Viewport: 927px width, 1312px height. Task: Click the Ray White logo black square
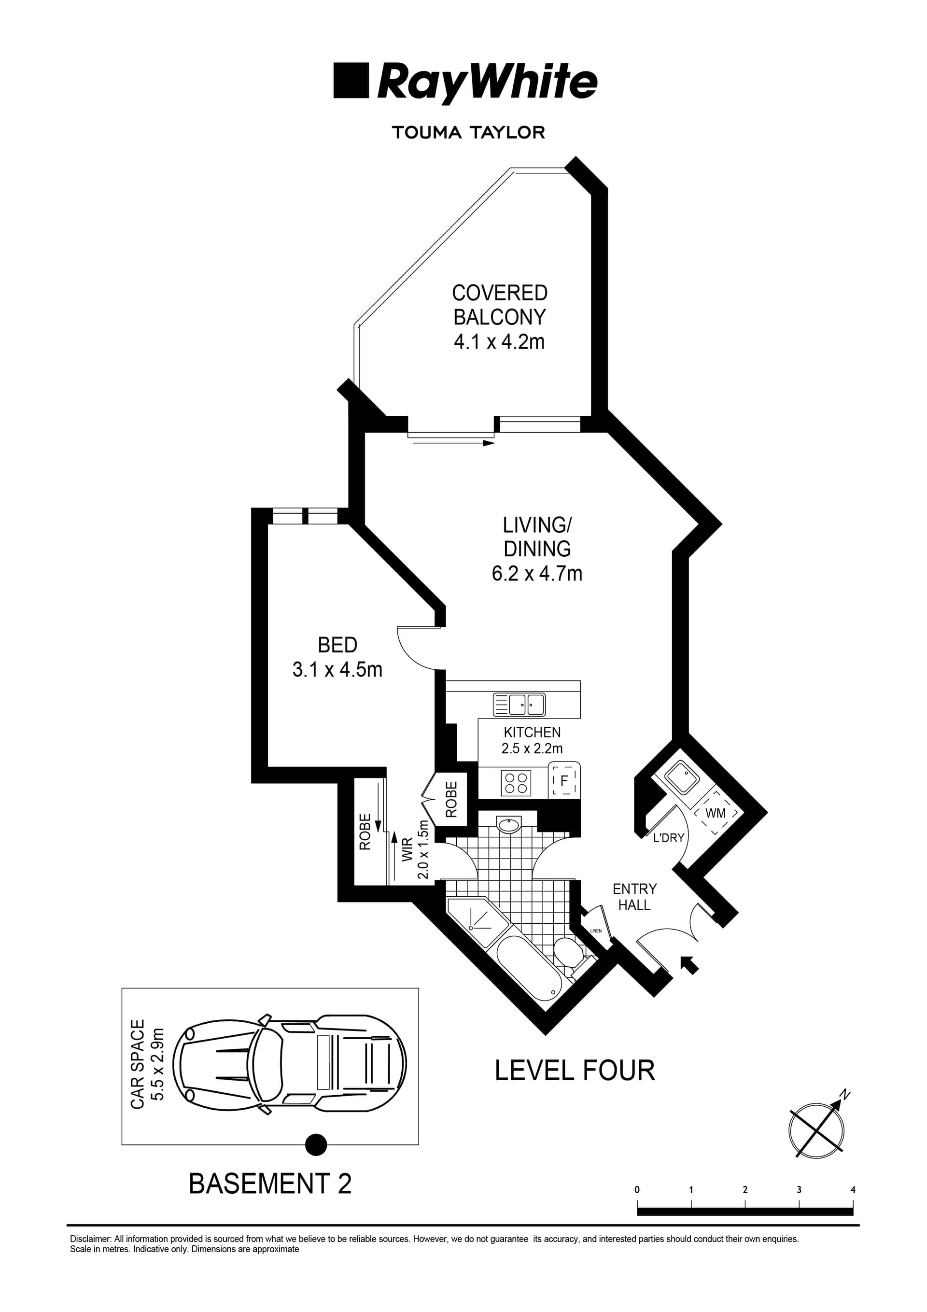coord(351,81)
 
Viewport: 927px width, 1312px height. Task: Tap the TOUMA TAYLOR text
coord(468,133)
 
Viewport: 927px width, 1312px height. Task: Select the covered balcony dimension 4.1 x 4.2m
coord(499,342)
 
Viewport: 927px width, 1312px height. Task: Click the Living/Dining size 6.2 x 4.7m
coord(537,573)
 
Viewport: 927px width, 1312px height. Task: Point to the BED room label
coord(337,645)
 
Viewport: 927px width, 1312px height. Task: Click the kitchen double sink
coord(519,705)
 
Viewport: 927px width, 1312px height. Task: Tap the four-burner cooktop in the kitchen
coord(516,782)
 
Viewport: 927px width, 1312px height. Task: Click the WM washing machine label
coord(716,813)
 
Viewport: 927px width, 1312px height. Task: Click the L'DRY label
coord(668,838)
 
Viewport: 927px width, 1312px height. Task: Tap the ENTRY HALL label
coord(634,897)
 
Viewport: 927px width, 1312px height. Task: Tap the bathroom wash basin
coord(509,825)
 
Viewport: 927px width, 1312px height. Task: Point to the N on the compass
coord(845,1095)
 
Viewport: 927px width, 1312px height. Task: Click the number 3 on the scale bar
coord(799,1190)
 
